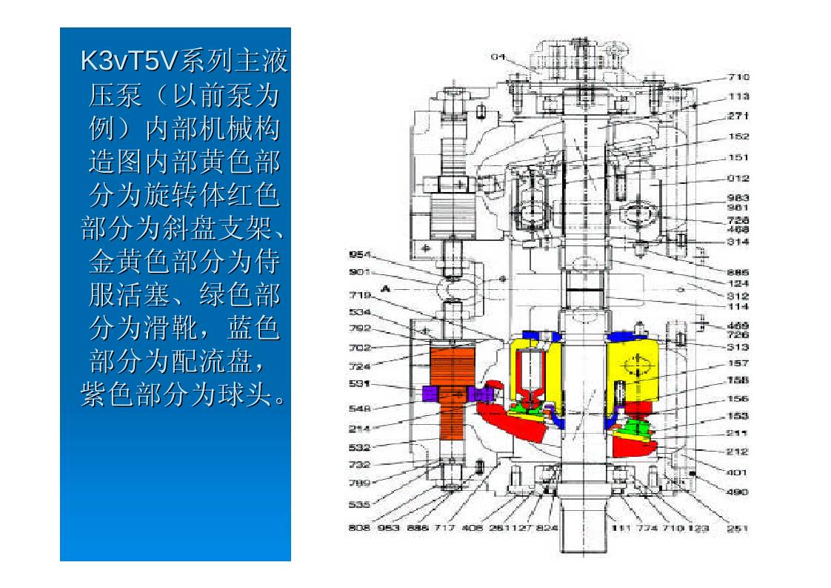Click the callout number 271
tap(738, 116)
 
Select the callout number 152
tap(738, 136)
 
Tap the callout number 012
tap(738, 178)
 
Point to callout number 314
tap(738, 242)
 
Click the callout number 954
tap(359, 254)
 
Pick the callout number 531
tap(359, 384)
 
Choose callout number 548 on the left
tap(359, 408)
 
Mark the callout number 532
tap(359, 447)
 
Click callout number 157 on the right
tap(738, 363)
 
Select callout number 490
tap(738, 492)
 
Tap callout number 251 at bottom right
tap(737, 529)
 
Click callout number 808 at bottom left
tap(359, 529)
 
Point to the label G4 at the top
tap(498, 56)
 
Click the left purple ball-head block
tap(430, 394)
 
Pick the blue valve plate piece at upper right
tap(626, 337)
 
